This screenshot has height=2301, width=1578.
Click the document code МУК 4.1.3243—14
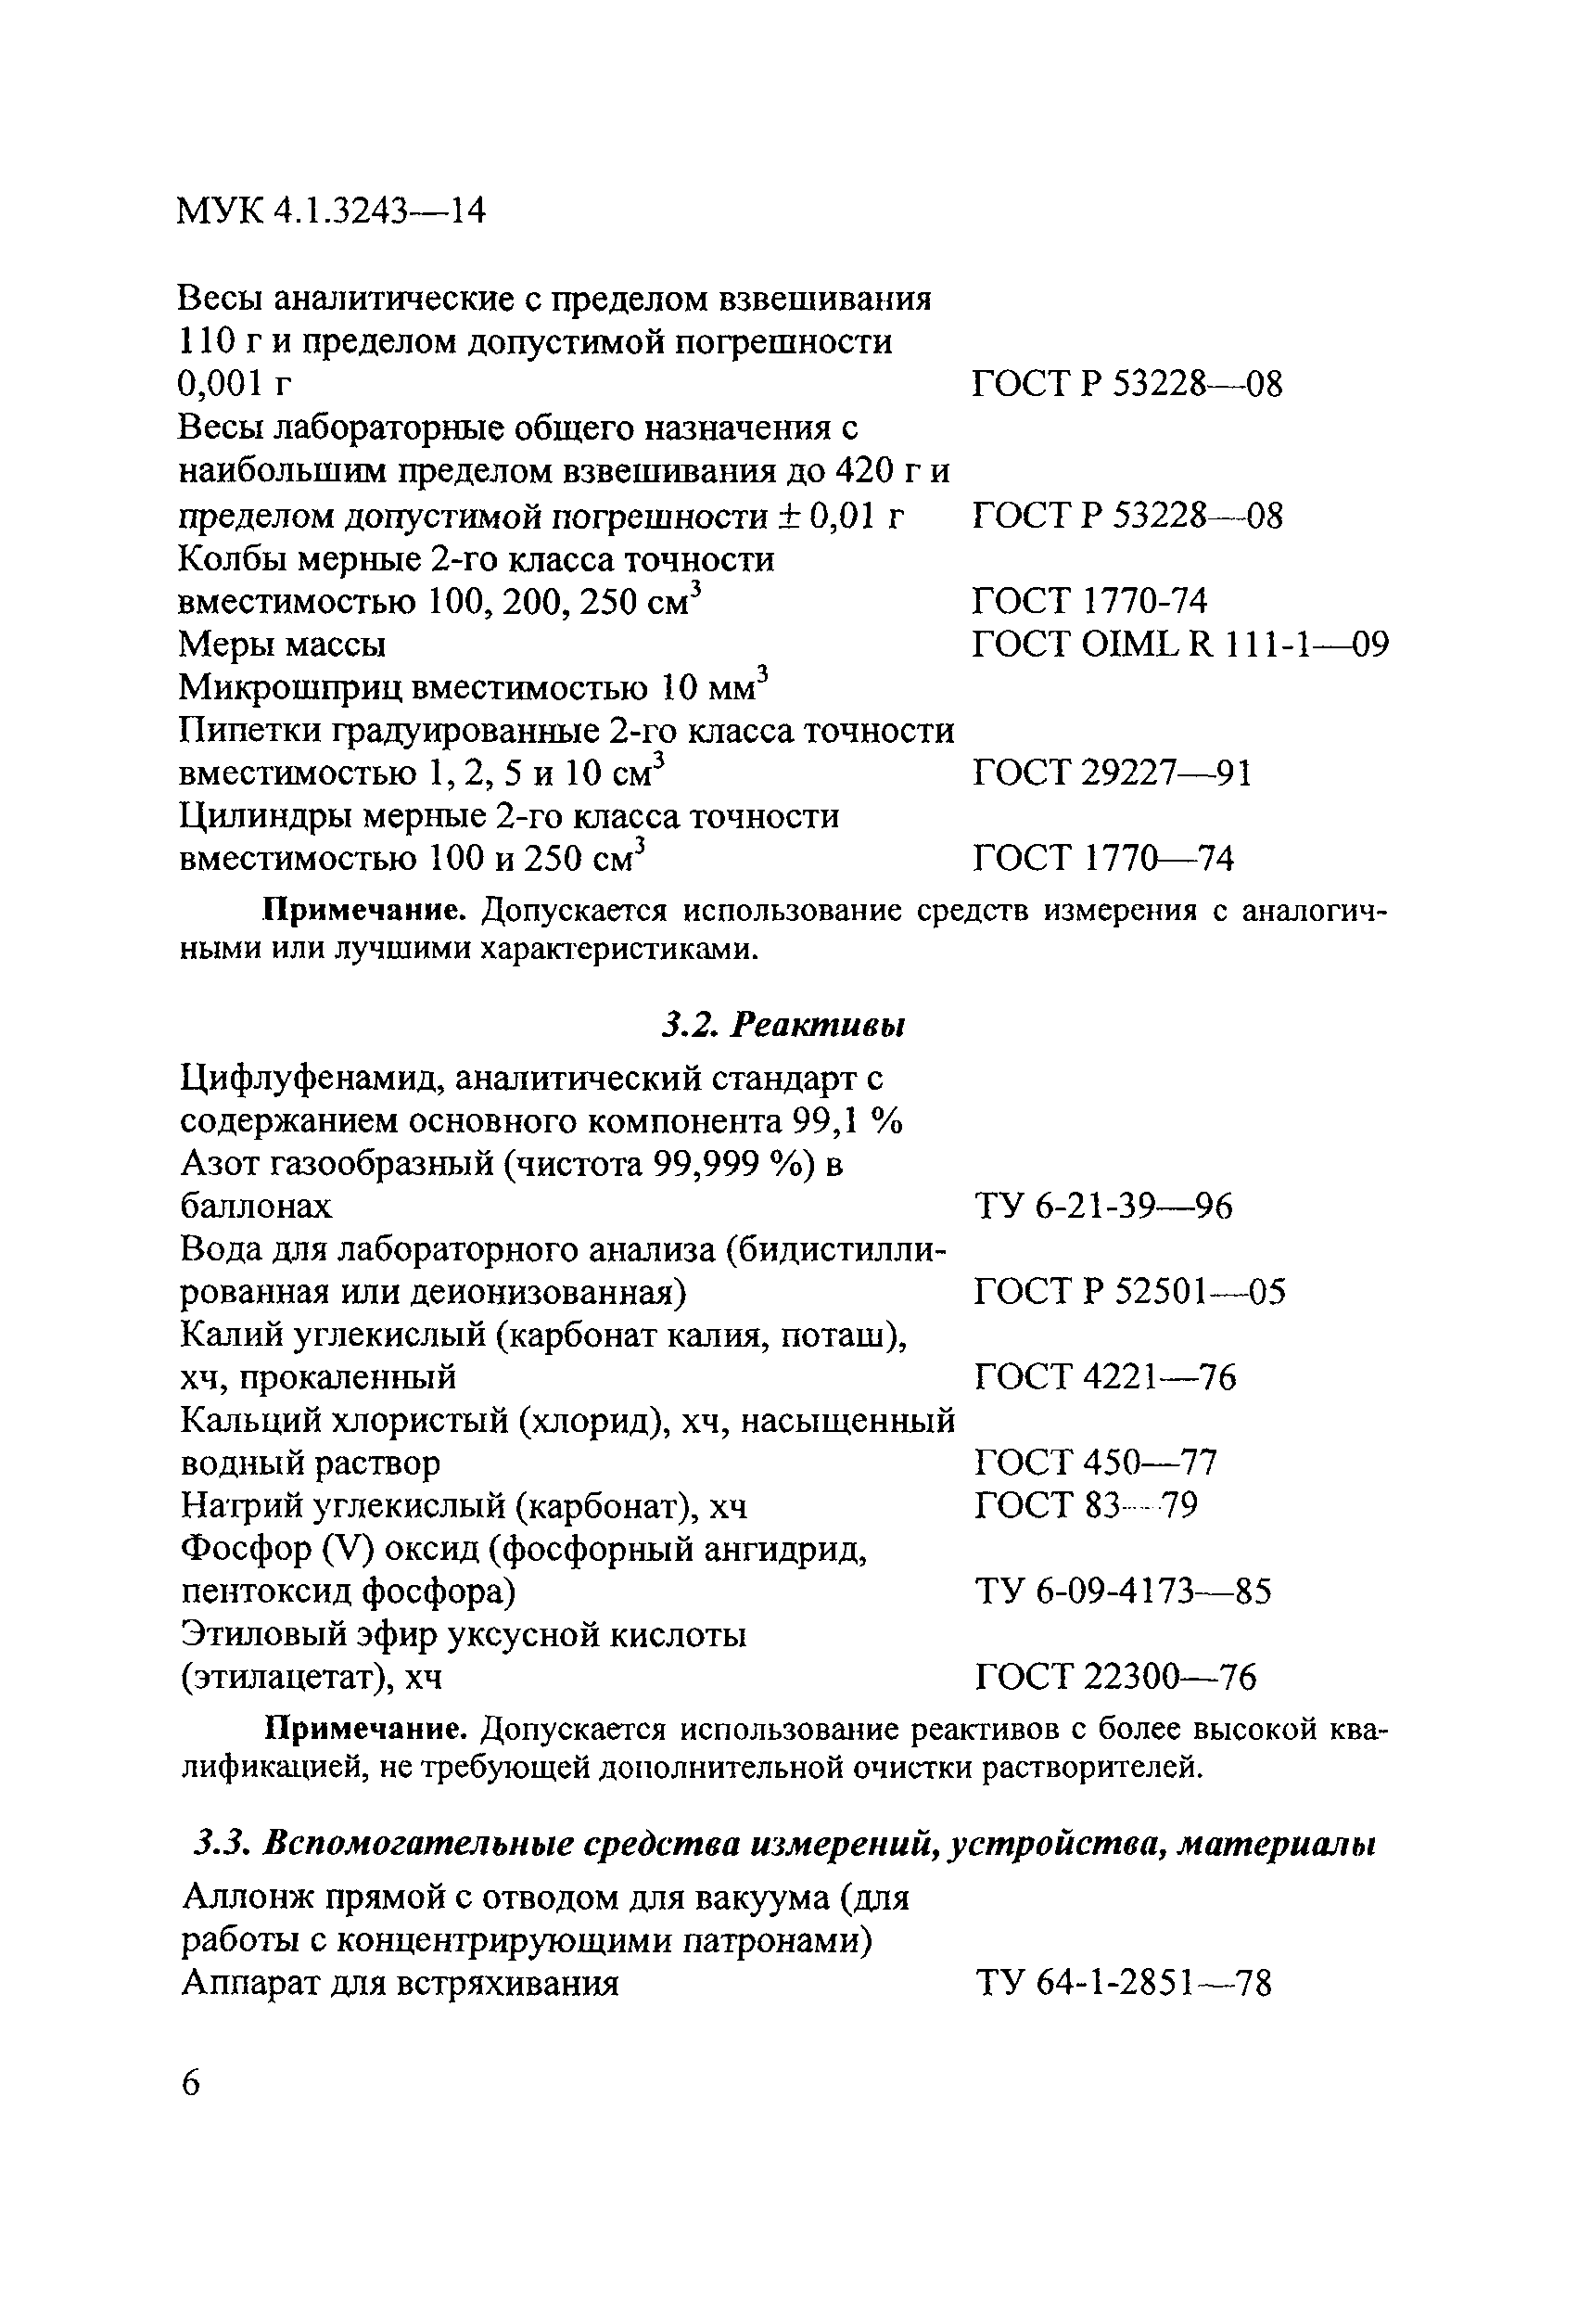(x=332, y=211)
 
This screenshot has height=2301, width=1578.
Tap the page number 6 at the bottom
(x=190, y=2082)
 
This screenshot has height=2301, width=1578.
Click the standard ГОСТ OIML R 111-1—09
(x=1180, y=645)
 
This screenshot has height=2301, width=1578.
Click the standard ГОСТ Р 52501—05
(x=1129, y=1292)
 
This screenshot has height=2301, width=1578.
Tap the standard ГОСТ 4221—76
(x=1105, y=1377)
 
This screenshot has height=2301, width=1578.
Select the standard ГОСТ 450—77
(x=1096, y=1463)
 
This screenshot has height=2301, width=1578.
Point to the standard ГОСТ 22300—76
(x=1115, y=1676)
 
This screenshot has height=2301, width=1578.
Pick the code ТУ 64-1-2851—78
(x=1123, y=1983)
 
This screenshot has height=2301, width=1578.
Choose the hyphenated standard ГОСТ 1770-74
(x=1090, y=602)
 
